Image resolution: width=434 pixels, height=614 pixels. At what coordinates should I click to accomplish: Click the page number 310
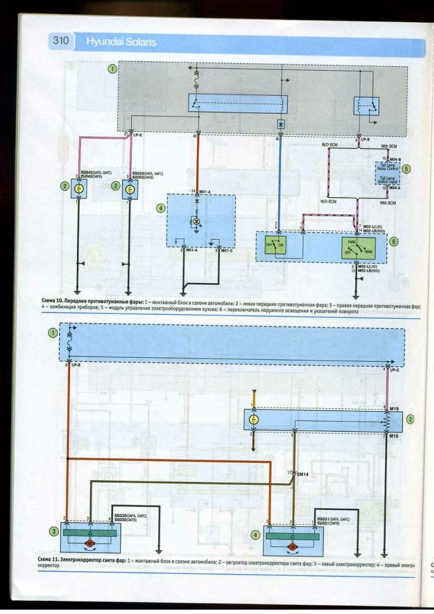click(x=61, y=41)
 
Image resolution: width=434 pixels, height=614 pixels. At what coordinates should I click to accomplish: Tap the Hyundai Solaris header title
click(x=116, y=42)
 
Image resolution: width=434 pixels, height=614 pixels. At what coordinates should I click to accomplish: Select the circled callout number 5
click(x=406, y=168)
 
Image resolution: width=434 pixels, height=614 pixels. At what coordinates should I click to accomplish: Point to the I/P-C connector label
click(x=395, y=370)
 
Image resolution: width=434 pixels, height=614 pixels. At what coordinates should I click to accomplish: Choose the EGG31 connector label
click(x=324, y=519)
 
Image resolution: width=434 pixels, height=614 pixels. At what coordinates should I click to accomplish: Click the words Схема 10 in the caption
click(x=52, y=300)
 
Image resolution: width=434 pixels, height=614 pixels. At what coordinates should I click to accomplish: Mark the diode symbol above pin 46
click(x=280, y=124)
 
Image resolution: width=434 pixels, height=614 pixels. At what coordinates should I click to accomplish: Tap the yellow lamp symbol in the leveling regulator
click(x=253, y=419)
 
